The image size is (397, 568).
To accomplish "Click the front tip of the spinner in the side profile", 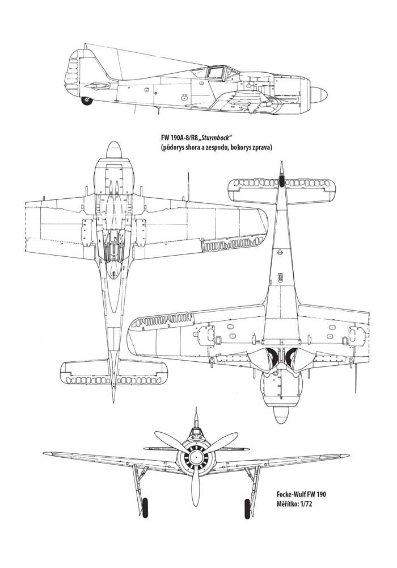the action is click(327, 94).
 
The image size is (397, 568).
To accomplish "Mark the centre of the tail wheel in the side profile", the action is click(87, 101).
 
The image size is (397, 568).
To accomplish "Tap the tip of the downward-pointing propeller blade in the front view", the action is click(196, 506).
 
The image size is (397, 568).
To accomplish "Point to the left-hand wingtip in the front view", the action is click(44, 453).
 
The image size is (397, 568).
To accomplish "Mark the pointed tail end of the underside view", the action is click(281, 162).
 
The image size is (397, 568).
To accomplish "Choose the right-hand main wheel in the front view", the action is click(247, 508).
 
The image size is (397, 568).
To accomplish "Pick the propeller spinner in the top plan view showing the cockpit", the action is click(114, 150).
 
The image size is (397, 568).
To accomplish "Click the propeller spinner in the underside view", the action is click(281, 415).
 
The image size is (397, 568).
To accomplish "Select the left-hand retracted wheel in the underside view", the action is click(272, 357).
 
